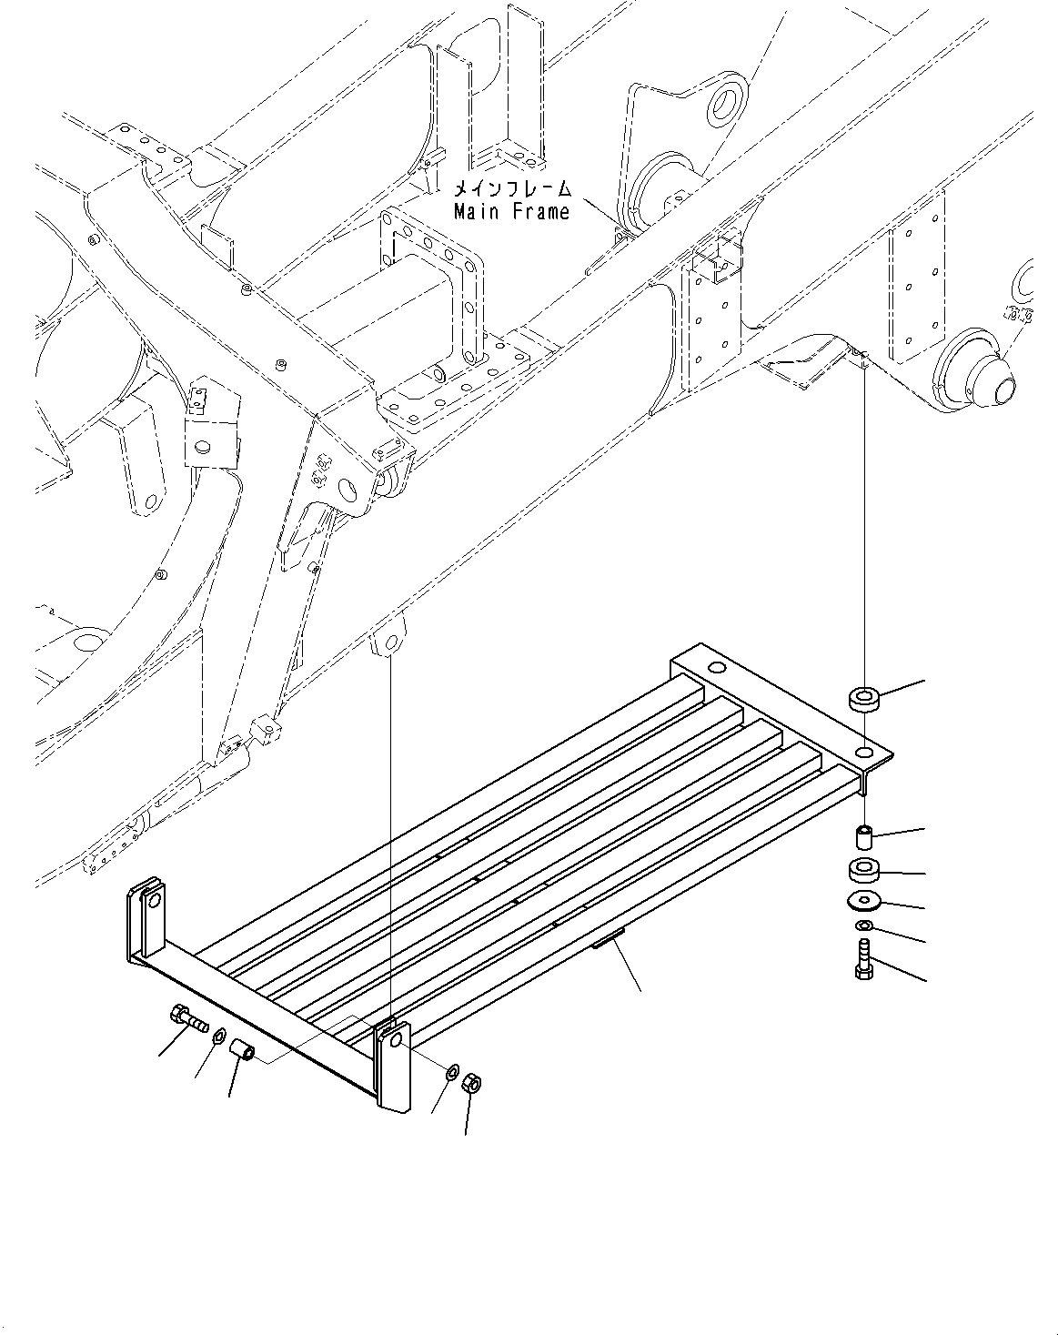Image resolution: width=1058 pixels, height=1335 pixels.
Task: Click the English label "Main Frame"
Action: [x=511, y=211]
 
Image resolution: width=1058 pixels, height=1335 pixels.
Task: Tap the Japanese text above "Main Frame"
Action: [x=512, y=189]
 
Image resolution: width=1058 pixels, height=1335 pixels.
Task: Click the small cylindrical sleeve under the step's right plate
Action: [x=863, y=834]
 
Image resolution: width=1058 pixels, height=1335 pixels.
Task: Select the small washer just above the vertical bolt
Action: [x=863, y=926]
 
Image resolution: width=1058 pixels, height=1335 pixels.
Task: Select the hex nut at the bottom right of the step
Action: [x=472, y=1083]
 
